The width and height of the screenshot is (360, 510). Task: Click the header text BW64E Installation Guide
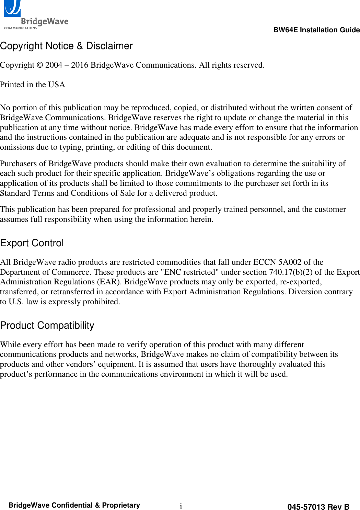click(x=316, y=30)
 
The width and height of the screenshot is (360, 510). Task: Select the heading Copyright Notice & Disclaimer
click(x=66, y=46)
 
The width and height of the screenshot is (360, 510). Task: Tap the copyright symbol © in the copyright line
click(x=40, y=65)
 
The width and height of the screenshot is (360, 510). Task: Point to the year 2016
click(x=80, y=65)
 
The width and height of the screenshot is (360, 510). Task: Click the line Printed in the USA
click(x=33, y=85)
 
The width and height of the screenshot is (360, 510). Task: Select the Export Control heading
click(x=32, y=243)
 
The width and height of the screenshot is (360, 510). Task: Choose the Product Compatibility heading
click(x=47, y=326)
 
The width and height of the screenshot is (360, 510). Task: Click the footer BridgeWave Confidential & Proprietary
click(x=74, y=505)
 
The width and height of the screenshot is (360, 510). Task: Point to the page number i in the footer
click(x=181, y=506)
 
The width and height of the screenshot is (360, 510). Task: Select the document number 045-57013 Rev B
click(x=318, y=507)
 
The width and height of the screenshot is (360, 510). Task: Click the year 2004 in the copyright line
click(x=54, y=65)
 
